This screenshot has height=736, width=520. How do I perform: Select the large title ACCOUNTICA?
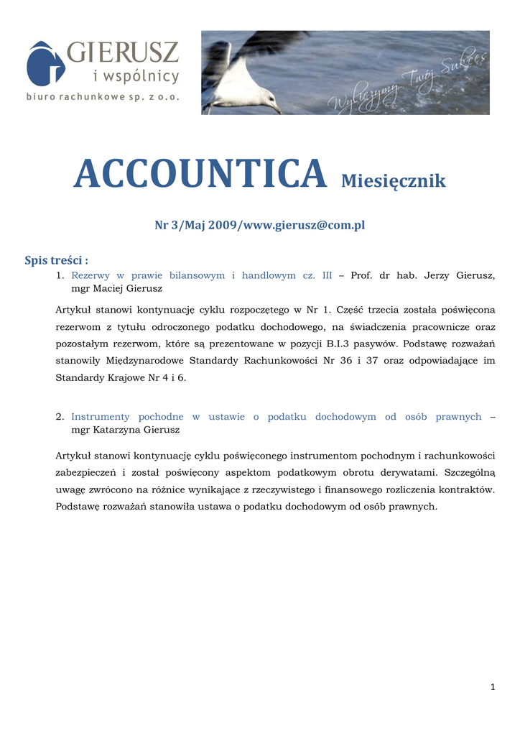pos(200,174)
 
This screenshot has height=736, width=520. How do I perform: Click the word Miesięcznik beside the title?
pos(393,180)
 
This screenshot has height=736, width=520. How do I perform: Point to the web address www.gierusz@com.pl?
pos(305,226)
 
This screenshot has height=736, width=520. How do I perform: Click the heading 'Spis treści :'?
pos(57,260)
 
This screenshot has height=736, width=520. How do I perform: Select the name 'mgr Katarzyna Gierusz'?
pos(125,430)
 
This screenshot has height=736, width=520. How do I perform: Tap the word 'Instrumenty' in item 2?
pos(101,417)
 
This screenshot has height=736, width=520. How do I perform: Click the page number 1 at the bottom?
pos(493,688)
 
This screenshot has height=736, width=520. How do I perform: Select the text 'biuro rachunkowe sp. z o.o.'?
pos(103,96)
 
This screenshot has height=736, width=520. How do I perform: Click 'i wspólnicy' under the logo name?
pos(136,76)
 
